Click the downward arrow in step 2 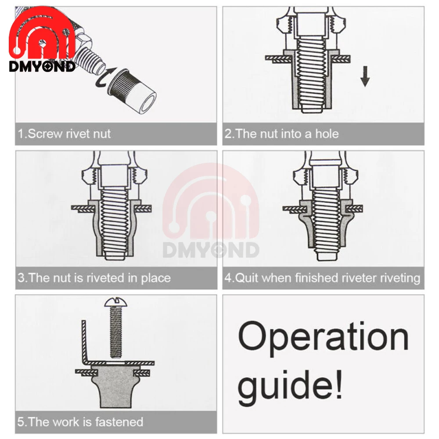[364, 76]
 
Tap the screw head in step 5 [115, 302]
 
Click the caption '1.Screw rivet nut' [64, 134]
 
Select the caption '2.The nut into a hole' [281, 134]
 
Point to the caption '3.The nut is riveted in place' [94, 278]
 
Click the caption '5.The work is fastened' [80, 422]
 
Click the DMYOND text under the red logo [42, 67]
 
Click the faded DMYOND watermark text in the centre [211, 250]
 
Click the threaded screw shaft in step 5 [115, 332]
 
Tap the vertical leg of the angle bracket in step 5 [84, 340]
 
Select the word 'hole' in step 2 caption [327, 134]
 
